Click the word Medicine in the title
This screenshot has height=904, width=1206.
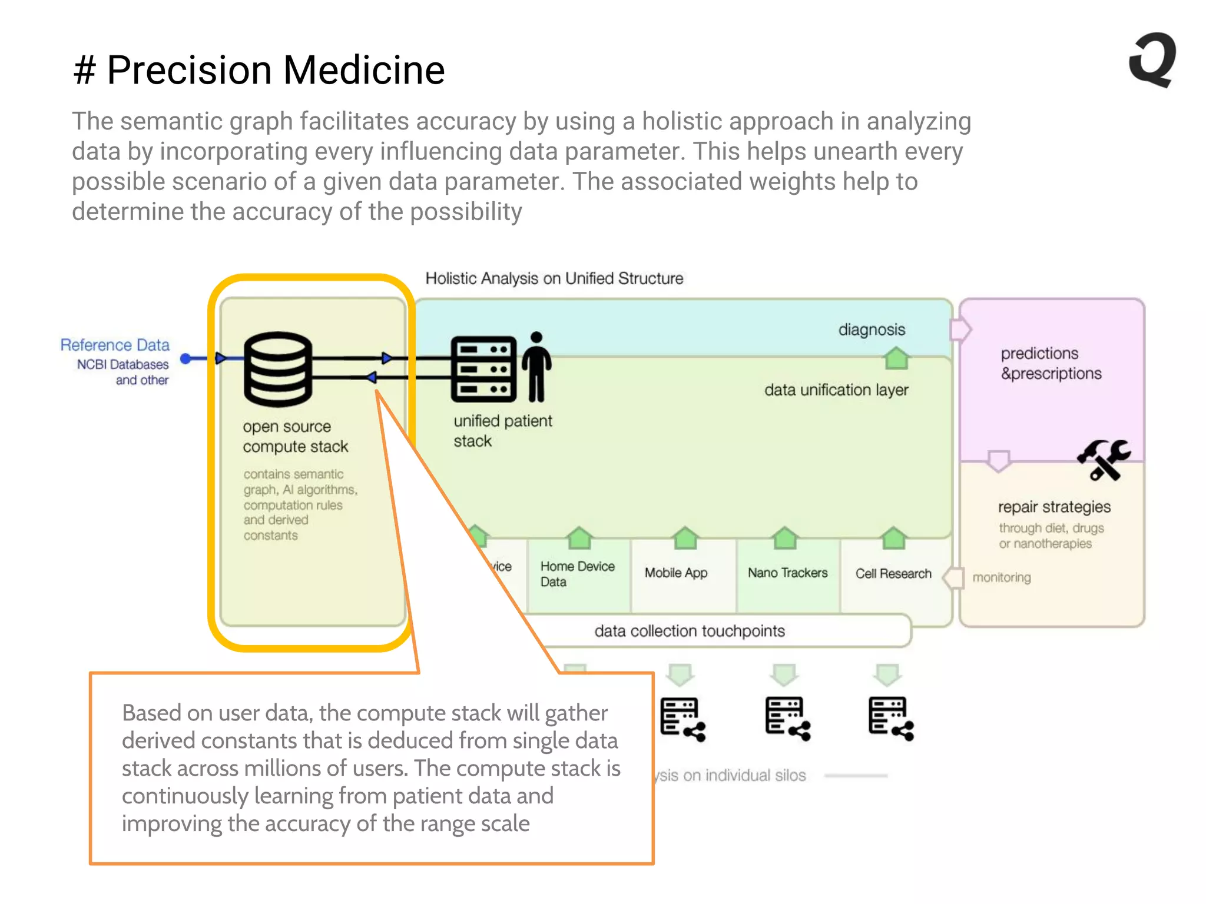click(364, 70)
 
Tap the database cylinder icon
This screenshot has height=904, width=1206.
click(277, 369)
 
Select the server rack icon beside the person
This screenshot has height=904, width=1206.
click(483, 369)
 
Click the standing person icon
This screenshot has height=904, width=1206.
click(536, 367)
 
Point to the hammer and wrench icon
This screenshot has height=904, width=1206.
click(1103, 460)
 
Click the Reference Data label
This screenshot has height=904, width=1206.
click(115, 345)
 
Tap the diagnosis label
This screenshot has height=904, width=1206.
click(872, 330)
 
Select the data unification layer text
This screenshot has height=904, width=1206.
click(836, 390)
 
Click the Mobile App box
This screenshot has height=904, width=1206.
click(676, 573)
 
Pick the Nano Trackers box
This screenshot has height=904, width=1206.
click(787, 573)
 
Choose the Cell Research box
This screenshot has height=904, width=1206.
click(893, 573)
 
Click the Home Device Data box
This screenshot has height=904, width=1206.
click(577, 574)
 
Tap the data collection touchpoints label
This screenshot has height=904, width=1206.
click(690, 631)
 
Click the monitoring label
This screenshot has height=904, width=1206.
click(1001, 577)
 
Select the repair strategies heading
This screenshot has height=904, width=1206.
click(1054, 507)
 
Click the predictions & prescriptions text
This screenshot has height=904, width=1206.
click(1051, 363)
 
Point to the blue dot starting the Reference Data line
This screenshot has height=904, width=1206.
click(185, 358)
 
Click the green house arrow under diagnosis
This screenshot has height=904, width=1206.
click(897, 358)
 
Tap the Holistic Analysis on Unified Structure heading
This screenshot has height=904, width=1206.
click(554, 278)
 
